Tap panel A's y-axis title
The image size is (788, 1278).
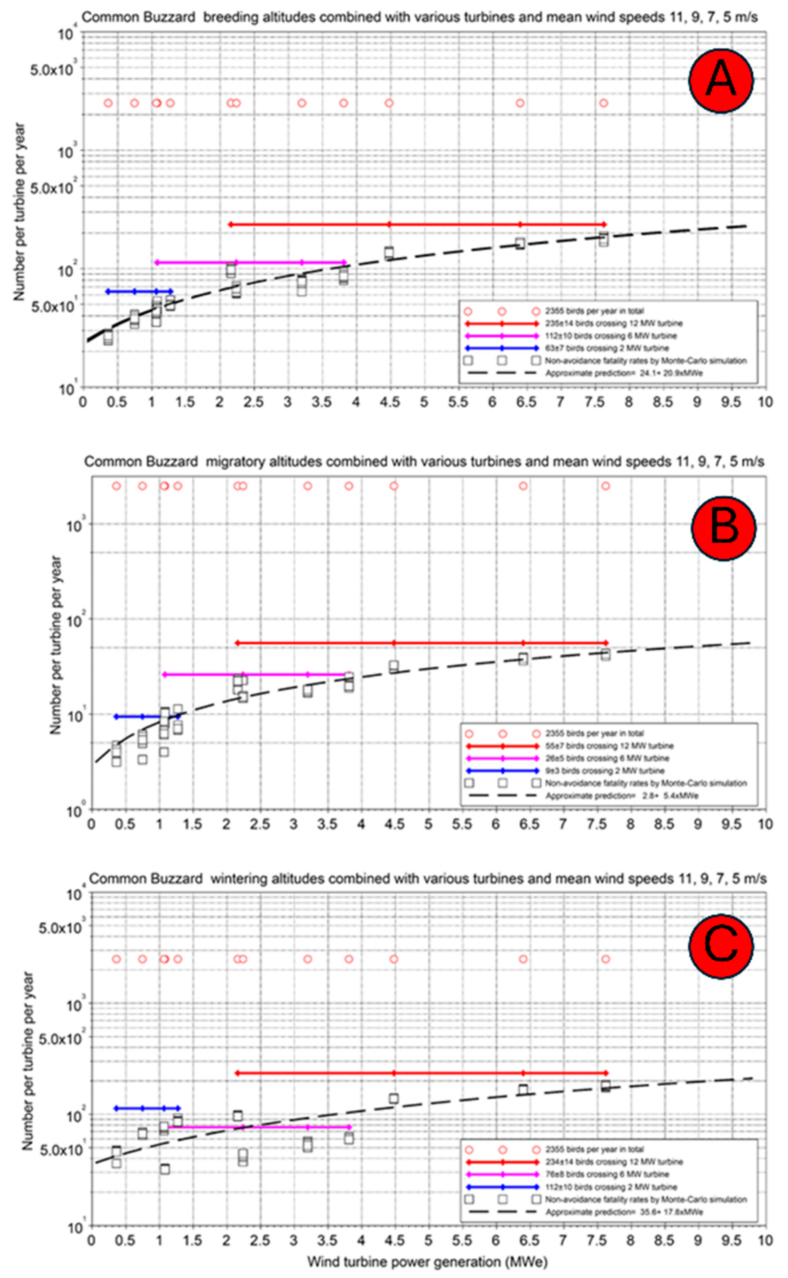20,211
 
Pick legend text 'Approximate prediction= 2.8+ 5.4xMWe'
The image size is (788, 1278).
622,796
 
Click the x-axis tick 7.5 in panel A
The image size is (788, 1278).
594,402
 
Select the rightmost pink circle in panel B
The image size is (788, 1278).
606,486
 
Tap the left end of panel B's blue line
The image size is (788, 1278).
116,717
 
